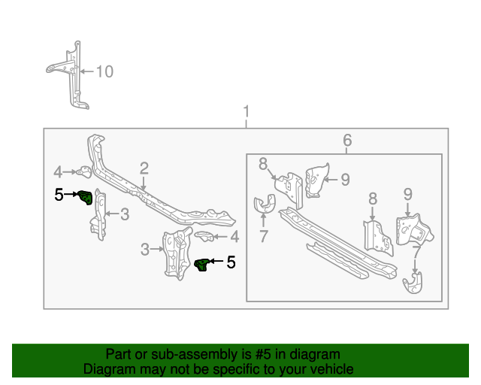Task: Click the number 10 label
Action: pos(104,72)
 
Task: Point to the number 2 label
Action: pos(144,168)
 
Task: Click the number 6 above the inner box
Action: pos(346,140)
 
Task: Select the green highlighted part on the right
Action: pos(202,264)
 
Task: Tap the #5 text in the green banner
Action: pos(262,354)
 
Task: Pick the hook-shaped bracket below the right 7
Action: pos(413,286)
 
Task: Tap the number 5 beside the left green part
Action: pos(59,196)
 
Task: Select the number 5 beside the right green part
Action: pos(231,262)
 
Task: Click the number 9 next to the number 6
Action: pos(345,179)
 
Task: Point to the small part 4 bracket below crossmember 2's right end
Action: pos(204,237)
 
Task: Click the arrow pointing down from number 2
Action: pos(143,183)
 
